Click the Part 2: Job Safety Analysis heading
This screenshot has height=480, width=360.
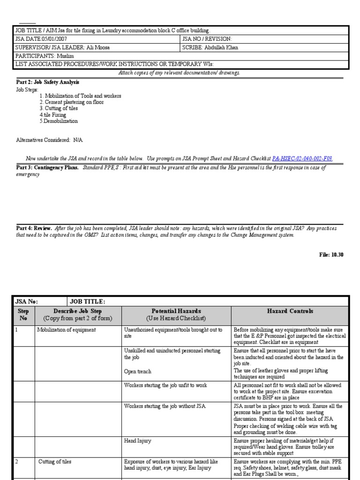[x=48, y=82]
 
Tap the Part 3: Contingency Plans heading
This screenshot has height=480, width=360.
[x=48, y=167]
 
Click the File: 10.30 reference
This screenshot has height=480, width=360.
[x=331, y=255]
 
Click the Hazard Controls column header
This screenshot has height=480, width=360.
[x=290, y=311]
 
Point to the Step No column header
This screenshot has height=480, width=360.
[x=23, y=315]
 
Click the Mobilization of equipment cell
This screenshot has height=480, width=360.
[x=67, y=330]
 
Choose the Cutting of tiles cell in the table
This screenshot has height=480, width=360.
[x=55, y=462]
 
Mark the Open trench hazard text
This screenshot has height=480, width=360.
[x=138, y=372]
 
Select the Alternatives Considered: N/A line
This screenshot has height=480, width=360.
[x=49, y=140]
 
